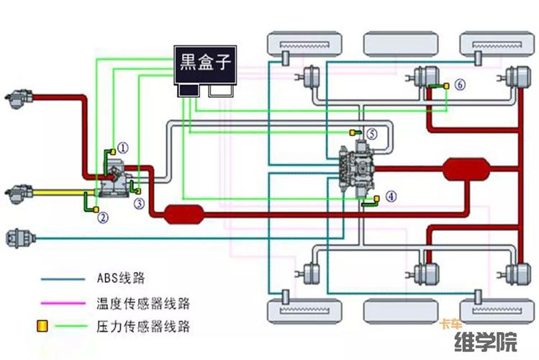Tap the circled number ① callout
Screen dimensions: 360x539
[123, 148]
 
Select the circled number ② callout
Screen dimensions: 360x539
[103, 217]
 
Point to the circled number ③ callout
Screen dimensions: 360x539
[139, 204]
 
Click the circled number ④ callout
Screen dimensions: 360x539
[391, 196]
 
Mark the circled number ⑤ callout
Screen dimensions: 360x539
[371, 133]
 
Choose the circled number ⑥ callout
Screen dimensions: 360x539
[460, 85]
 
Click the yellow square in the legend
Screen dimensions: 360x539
[42, 326]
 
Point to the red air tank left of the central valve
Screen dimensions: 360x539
[184, 213]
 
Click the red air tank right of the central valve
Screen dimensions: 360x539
[466, 170]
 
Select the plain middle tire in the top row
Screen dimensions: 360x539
[394, 45]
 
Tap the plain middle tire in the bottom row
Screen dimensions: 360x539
[394, 310]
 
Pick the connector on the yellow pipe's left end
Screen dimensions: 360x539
[17, 193]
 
